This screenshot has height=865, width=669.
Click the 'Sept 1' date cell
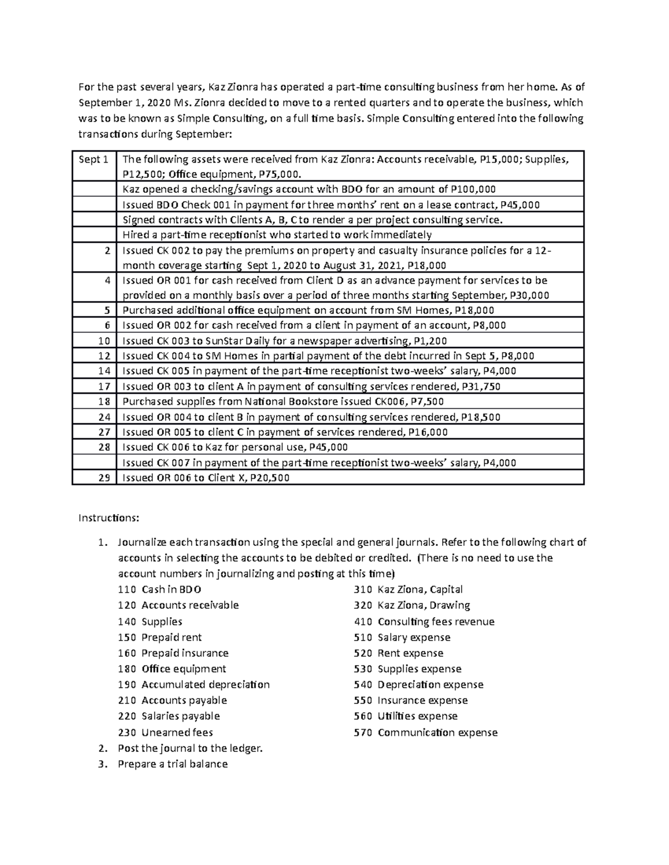(x=93, y=160)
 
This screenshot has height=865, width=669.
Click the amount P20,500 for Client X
(x=270, y=478)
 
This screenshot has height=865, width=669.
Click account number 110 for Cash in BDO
(x=127, y=589)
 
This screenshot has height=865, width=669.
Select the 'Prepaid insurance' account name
(x=185, y=653)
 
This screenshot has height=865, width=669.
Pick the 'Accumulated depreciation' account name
(x=205, y=685)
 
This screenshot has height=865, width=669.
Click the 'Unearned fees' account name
(x=177, y=732)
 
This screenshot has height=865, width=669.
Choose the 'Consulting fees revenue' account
(x=435, y=622)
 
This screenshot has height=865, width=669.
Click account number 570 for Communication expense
(x=362, y=732)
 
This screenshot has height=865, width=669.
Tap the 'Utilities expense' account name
(x=417, y=716)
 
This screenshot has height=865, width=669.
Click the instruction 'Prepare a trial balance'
(x=172, y=764)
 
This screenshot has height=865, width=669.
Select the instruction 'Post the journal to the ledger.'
(x=190, y=748)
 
